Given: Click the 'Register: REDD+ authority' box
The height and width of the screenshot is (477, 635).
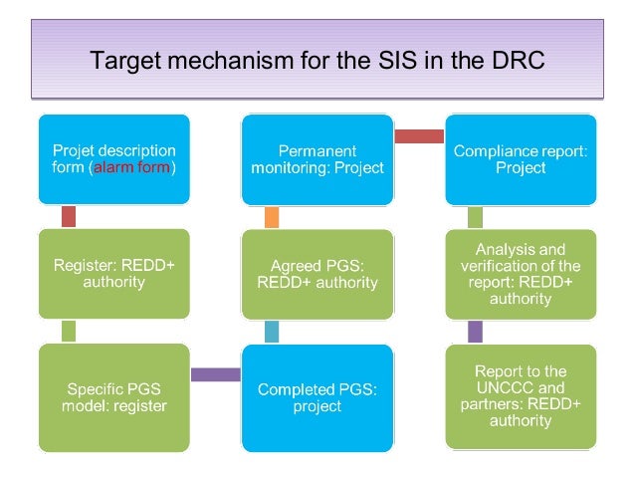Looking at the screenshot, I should coord(114,274).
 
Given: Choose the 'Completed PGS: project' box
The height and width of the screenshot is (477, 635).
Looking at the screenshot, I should coord(317,396).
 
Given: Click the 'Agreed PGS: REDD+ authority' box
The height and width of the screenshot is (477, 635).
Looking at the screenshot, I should coord(317,274).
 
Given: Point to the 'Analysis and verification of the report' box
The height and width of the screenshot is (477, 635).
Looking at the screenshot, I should coord(521,274).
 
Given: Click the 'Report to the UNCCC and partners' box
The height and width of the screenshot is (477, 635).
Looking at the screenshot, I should coord(521,396).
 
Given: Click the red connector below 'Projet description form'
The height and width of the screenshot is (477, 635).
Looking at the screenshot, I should coord(69,216).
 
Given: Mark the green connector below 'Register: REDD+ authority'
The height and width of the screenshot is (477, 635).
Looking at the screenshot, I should coord(69,332).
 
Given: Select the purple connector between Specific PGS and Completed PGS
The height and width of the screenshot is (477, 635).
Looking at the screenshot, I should coord(215,375).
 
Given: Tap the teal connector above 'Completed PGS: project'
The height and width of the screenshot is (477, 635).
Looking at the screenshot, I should coord(272,332).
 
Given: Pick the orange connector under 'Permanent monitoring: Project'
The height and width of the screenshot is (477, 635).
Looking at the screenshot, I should coord(272,216).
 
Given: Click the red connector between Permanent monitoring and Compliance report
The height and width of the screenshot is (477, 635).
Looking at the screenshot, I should coord(419,135).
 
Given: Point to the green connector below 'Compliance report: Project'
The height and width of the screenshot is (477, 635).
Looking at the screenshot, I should coord(476,216).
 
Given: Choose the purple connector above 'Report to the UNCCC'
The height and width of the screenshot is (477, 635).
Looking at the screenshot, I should coord(476,332).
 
